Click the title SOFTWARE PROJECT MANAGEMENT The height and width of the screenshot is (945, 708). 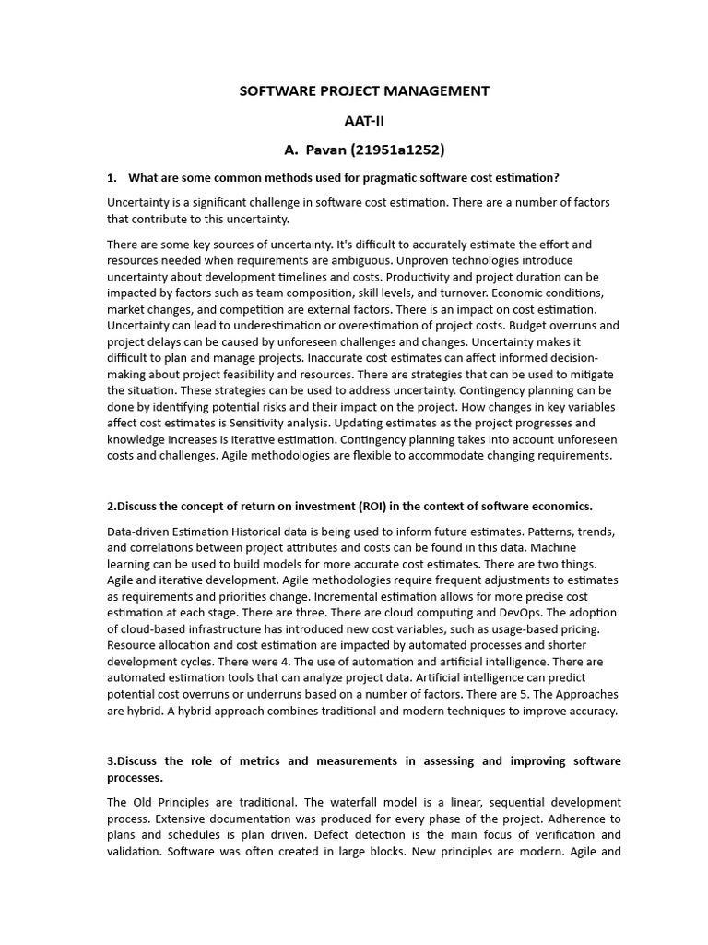coord(364,90)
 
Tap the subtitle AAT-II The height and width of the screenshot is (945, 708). coord(364,120)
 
